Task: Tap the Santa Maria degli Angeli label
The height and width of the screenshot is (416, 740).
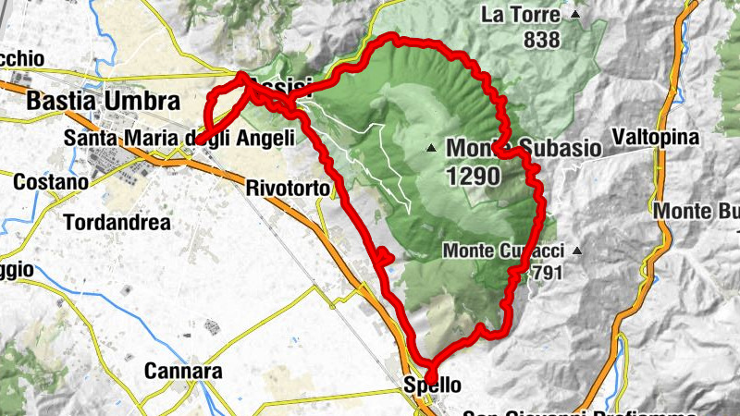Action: point(179,137)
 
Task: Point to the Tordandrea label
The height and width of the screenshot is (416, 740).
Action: point(117,222)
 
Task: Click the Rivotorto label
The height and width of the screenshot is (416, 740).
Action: point(288,189)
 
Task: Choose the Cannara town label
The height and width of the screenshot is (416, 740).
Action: point(183,372)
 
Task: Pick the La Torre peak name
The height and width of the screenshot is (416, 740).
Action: point(521,16)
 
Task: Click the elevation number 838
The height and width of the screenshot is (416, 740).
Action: point(541,40)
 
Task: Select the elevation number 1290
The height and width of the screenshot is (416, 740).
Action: point(473,176)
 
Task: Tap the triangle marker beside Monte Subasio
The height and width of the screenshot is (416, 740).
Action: point(431,148)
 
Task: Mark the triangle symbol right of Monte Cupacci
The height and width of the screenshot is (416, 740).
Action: point(576,251)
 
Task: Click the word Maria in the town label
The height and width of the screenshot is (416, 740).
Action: point(155,137)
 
